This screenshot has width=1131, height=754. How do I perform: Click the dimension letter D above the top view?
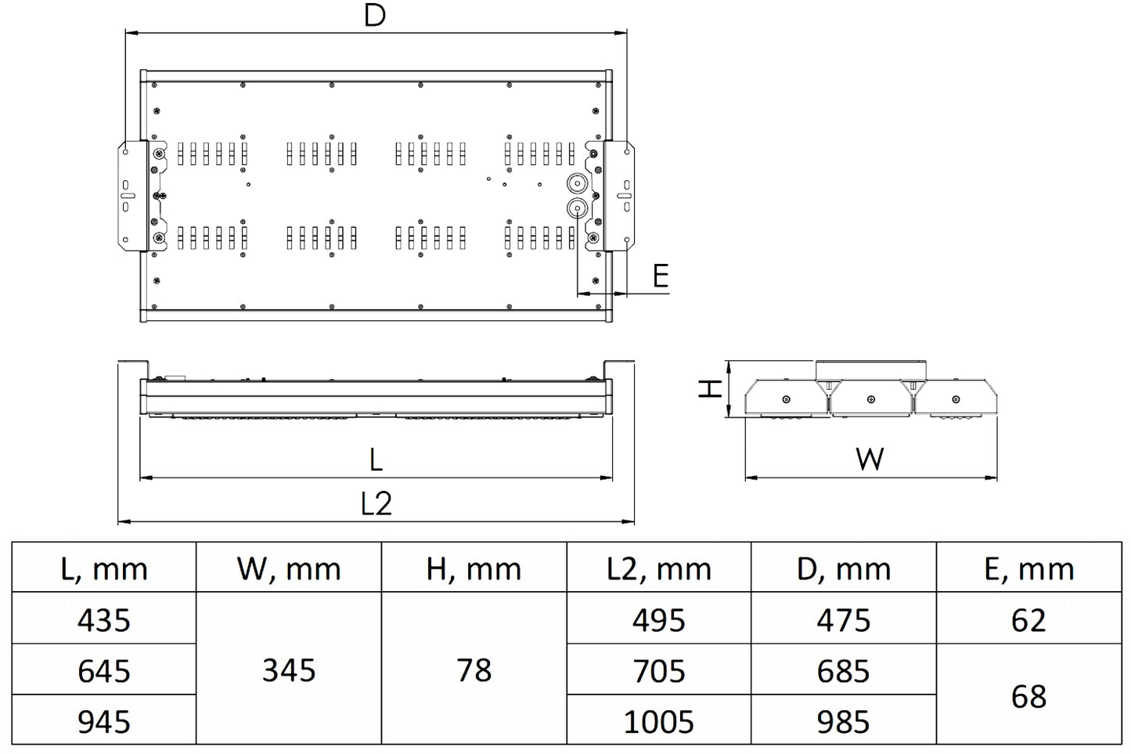376,16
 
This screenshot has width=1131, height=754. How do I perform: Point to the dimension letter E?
661,276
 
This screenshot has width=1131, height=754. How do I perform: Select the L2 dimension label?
376,503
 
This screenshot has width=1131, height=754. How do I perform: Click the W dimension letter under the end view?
870,459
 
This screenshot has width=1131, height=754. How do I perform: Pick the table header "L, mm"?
104,568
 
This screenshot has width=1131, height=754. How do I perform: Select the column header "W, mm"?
289,568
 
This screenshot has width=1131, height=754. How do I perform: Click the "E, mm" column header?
1028,568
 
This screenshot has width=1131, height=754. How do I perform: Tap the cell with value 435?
104,620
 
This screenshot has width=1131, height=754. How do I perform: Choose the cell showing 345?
289,670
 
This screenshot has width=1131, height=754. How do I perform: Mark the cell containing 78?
474,670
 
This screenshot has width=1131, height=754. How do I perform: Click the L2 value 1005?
658,722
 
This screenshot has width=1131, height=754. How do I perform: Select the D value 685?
843,671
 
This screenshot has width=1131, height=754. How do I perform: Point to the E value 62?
1028,620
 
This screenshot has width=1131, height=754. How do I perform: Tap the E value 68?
1028,696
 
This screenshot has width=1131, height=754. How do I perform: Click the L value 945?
104,722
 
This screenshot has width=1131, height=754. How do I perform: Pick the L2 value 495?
658,620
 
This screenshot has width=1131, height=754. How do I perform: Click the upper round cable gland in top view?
577,183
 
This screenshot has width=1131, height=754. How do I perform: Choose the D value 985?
843,722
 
